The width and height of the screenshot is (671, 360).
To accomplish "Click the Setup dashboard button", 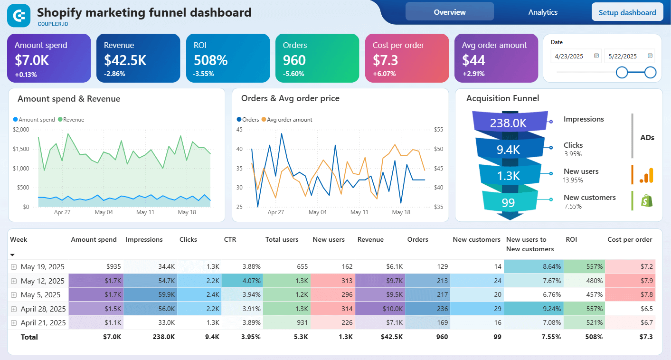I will click(627, 12).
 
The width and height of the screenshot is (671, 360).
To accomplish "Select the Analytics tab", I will click(543, 12).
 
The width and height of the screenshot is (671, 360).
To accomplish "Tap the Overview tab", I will click(449, 12).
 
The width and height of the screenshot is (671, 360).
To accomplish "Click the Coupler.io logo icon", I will click(19, 16).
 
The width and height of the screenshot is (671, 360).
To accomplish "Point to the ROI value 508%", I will click(210, 60).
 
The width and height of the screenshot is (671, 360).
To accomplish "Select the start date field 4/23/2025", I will click(572, 56).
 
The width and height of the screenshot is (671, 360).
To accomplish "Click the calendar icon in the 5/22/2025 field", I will click(650, 56).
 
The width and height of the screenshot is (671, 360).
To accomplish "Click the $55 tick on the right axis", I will click(438, 130).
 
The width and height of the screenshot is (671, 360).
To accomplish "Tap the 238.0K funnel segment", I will click(508, 123).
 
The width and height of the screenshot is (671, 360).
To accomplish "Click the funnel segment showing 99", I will click(508, 203).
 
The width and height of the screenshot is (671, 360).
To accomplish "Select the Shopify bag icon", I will click(646, 201).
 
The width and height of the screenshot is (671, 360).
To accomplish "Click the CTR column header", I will click(230, 240).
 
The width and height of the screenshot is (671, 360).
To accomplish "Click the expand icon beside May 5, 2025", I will click(14, 295).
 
